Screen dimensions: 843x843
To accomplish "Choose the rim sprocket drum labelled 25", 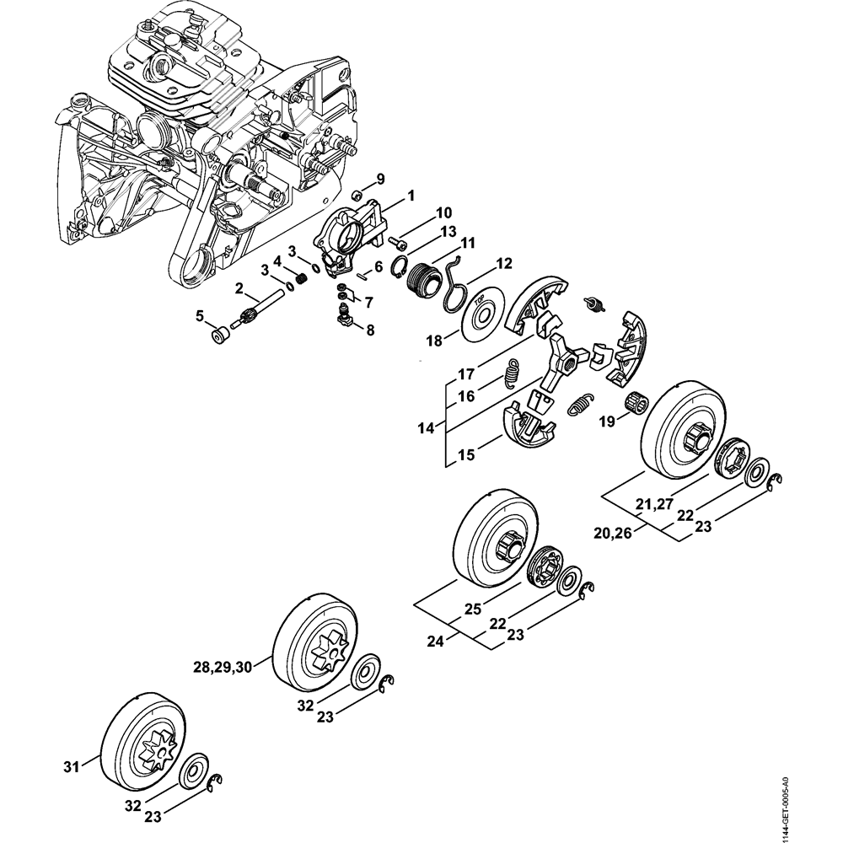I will click(489, 540).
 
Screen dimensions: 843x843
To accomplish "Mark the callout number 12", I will click(503, 262).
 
